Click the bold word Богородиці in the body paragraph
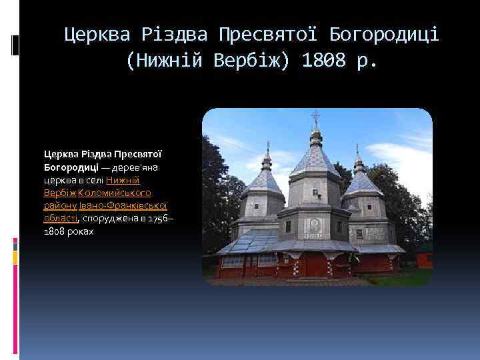(71, 167)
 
